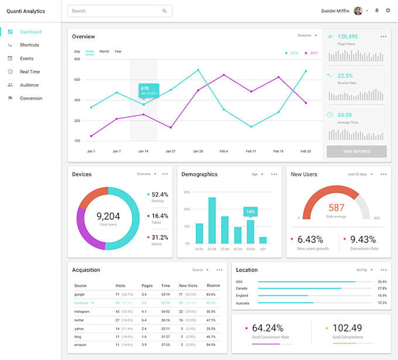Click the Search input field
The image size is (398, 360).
point(117,11)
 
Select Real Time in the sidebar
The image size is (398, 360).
point(30,71)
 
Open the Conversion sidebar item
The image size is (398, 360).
point(31,98)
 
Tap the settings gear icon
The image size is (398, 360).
point(387,11)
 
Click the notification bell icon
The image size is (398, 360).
point(377,11)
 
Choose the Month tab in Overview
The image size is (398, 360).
point(104,52)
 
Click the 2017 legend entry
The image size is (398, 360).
point(313,53)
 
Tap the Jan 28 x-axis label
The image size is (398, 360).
point(198,151)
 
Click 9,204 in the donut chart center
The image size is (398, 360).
point(108,216)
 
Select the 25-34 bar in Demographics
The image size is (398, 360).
point(212,220)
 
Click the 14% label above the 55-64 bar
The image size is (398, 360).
point(251,211)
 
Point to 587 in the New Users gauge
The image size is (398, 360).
point(337,208)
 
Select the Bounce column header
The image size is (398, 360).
point(213,286)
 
